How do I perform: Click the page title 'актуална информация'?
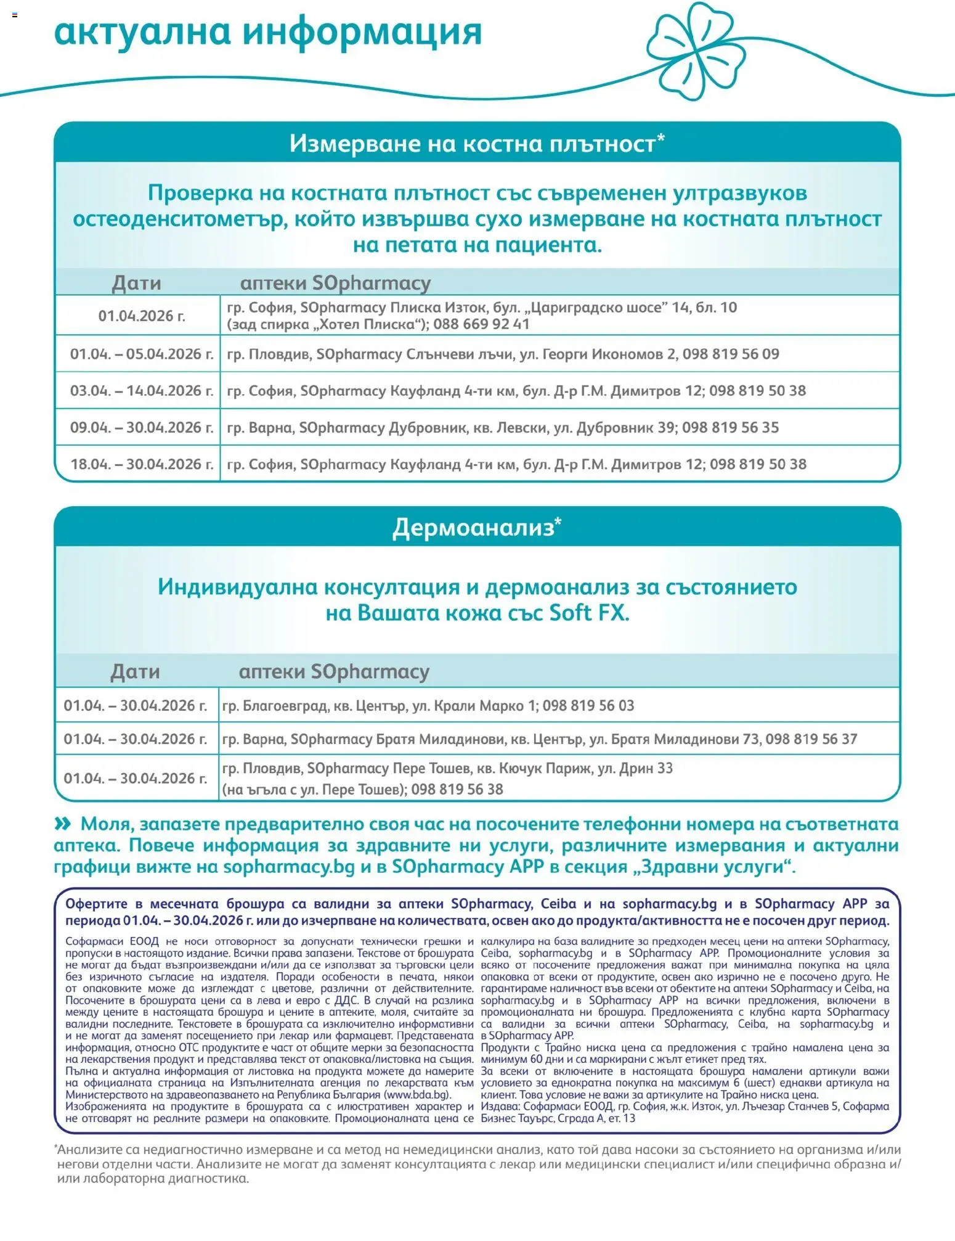(x=268, y=31)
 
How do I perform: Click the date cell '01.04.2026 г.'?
(x=142, y=316)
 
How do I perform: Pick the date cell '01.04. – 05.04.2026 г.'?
(x=142, y=354)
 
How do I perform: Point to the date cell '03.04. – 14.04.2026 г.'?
(x=142, y=390)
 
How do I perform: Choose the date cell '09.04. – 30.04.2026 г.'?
(x=142, y=427)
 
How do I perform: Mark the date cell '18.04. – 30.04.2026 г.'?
(x=142, y=464)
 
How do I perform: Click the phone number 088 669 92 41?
(x=481, y=324)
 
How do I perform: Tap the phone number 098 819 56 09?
(x=731, y=354)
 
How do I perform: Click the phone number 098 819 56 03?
(x=588, y=705)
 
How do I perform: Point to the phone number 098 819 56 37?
(x=811, y=739)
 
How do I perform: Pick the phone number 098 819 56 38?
(x=457, y=789)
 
